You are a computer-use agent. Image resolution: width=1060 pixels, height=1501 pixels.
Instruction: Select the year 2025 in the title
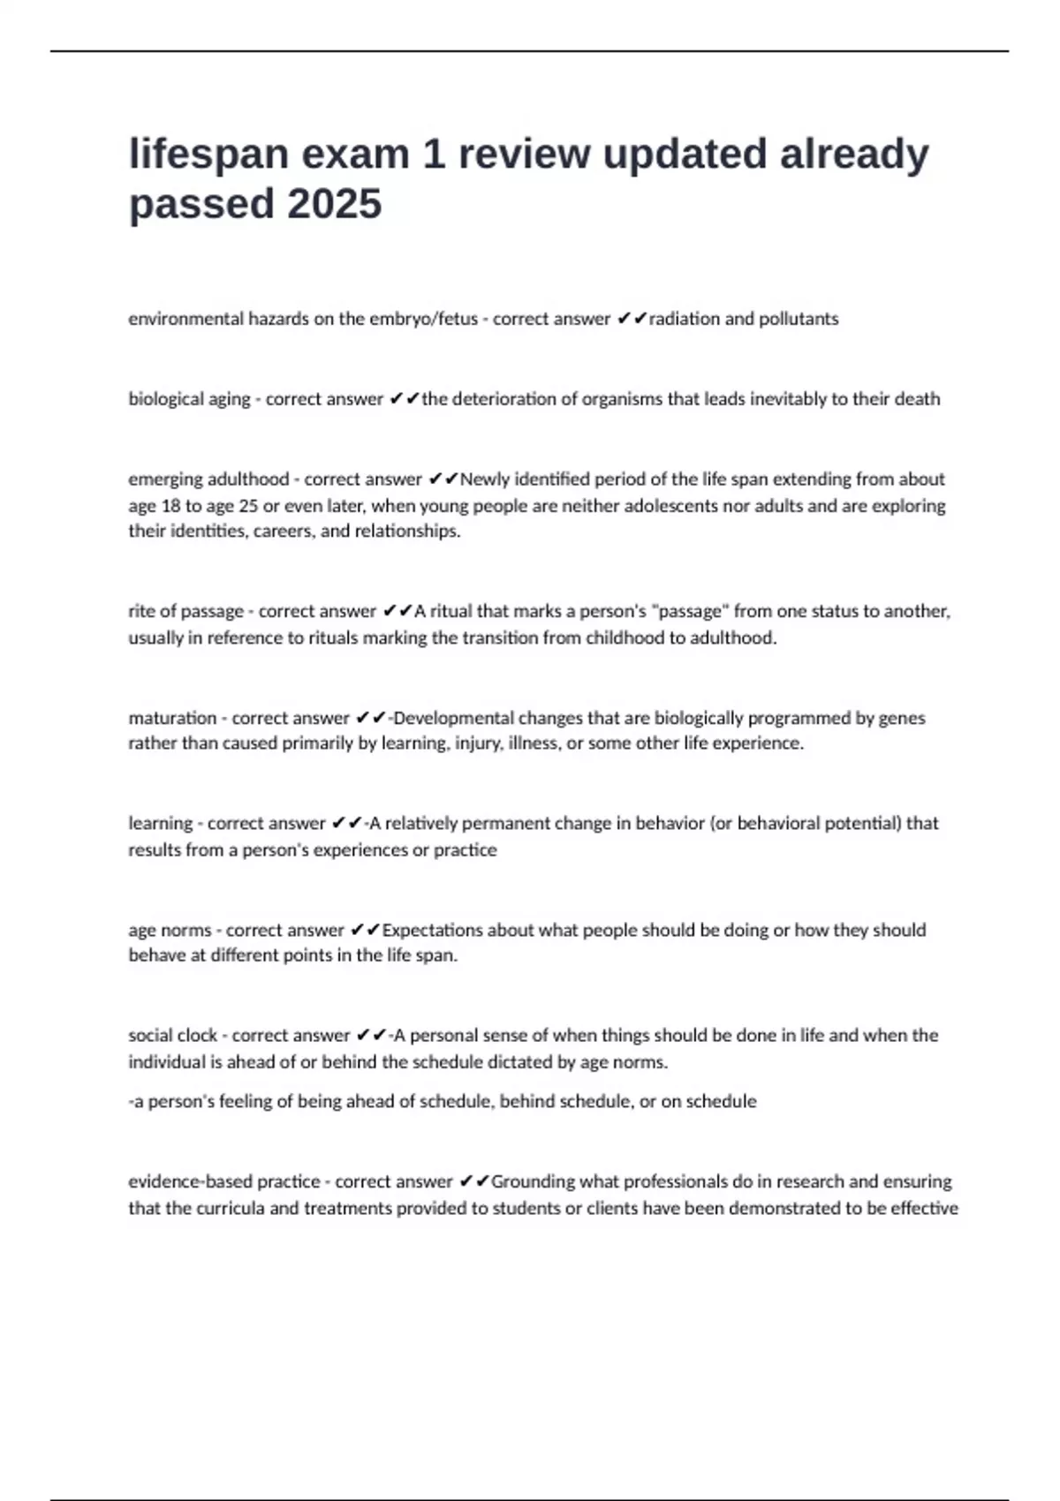(x=335, y=204)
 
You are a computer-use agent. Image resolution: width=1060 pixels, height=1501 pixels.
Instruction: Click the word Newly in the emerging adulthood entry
(x=484, y=479)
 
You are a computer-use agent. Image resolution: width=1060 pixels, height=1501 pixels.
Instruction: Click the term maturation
(x=172, y=718)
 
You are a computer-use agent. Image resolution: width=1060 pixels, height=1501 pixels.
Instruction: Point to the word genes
(x=902, y=718)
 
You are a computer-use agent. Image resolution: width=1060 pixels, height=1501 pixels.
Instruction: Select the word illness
(x=534, y=743)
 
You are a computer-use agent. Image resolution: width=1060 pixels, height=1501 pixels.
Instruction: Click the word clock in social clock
(x=197, y=1035)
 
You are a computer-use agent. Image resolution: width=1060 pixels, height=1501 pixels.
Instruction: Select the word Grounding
(x=534, y=1181)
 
